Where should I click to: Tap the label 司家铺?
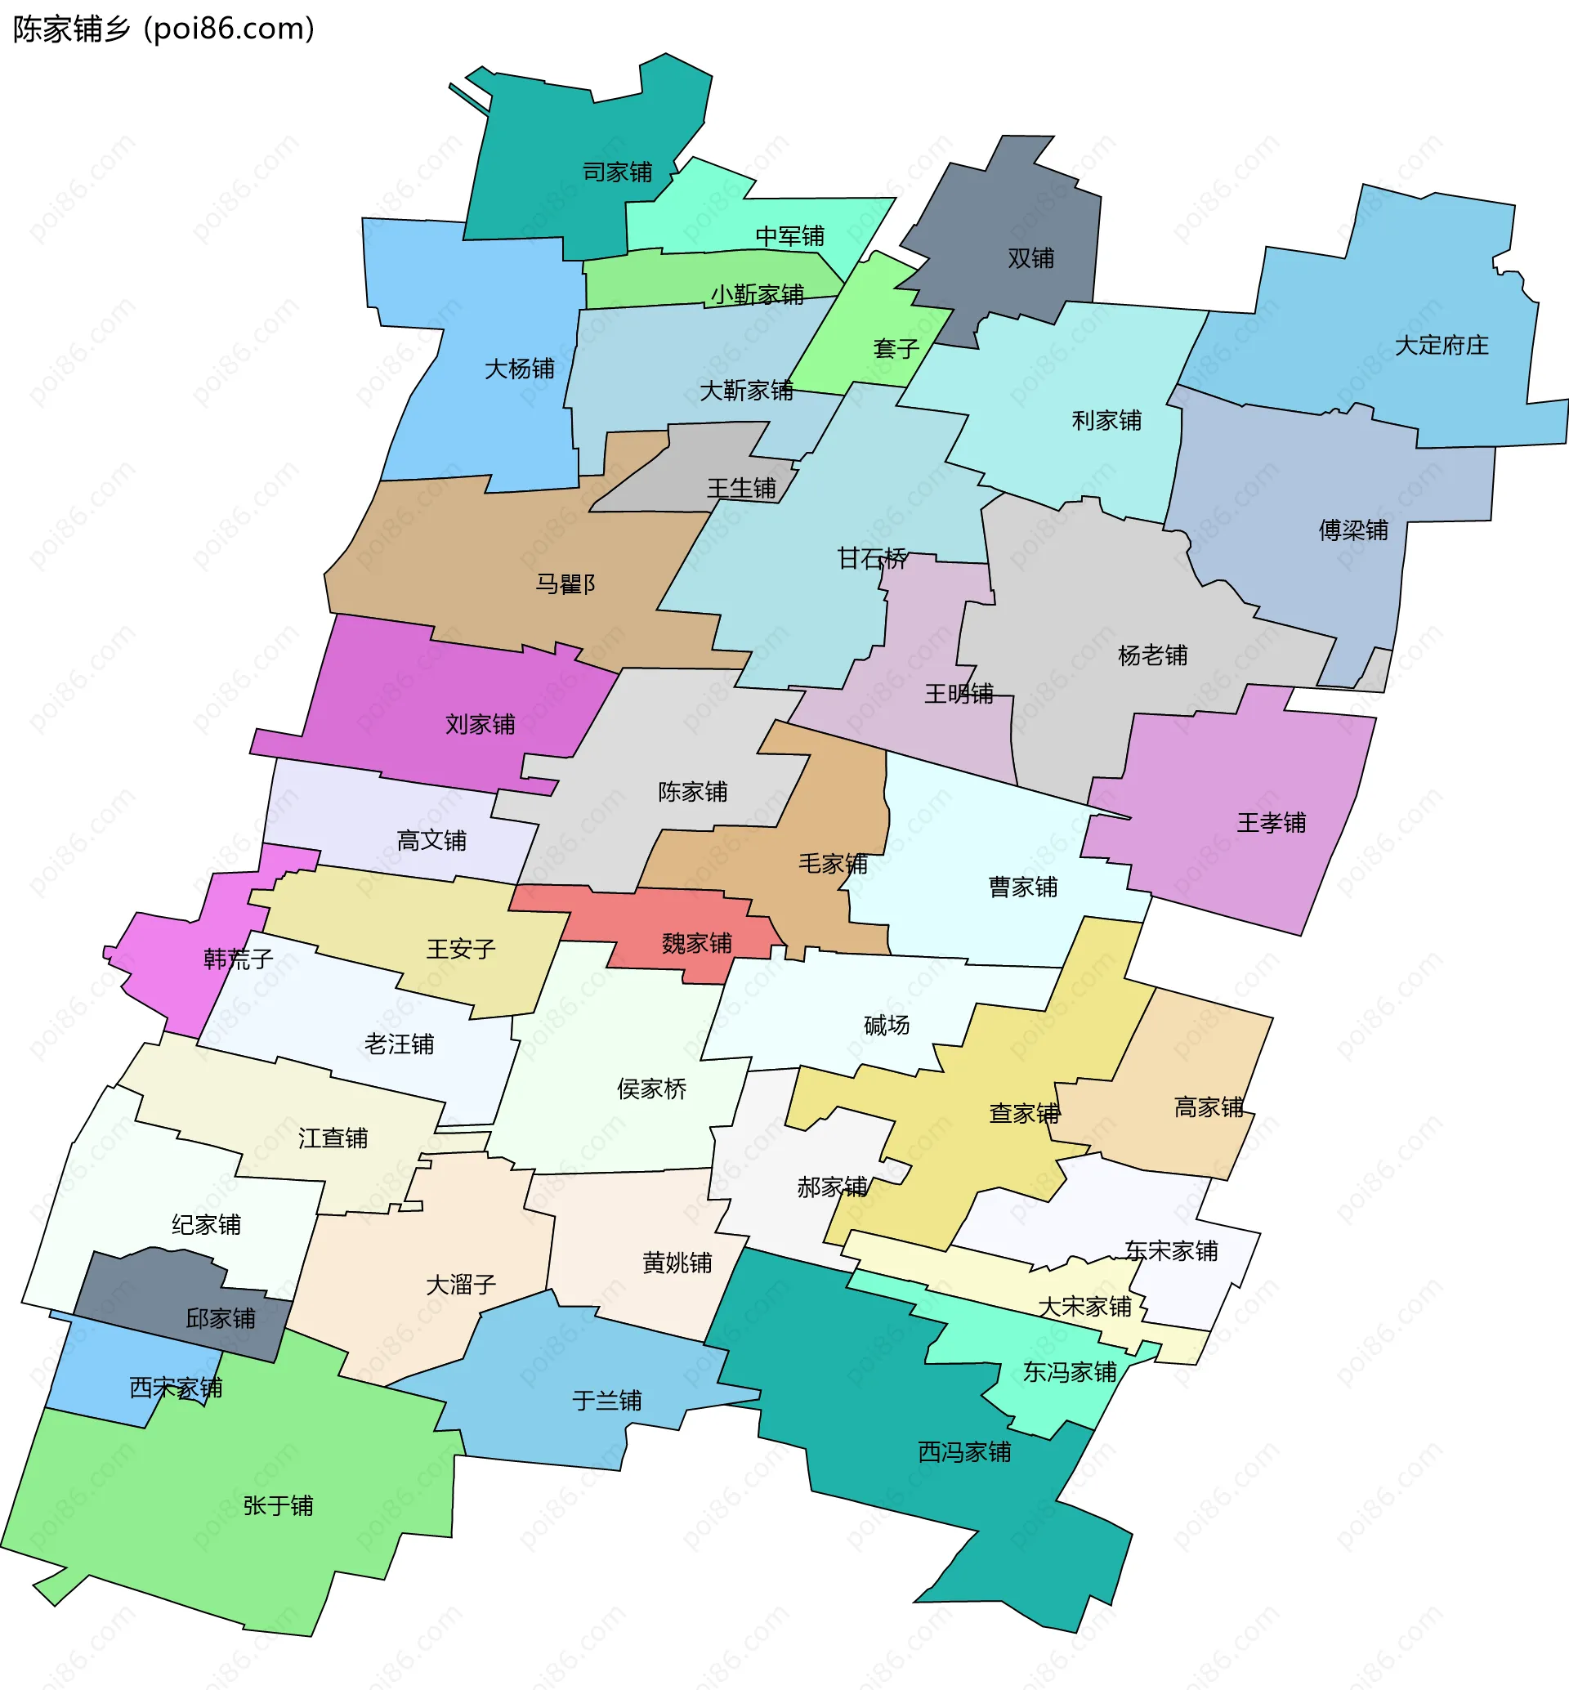coord(617,172)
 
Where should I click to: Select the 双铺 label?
coord(1030,258)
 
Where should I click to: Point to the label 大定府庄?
coord(1442,346)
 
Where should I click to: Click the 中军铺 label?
coord(789,236)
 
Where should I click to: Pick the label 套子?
coord(896,348)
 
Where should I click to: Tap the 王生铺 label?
coord(741,489)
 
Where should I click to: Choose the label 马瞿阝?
coord(565,584)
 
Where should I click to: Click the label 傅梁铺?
coord(1353,530)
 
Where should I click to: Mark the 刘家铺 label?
coord(480,724)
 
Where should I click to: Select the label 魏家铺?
coord(696,944)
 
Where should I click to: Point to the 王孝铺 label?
coord(1271,823)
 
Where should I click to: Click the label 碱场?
coord(887,1026)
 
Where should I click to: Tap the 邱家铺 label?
coord(220,1319)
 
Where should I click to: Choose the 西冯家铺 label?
coord(963,1452)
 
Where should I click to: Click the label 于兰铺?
coord(606,1401)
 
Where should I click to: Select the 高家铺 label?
coord(1208,1107)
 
